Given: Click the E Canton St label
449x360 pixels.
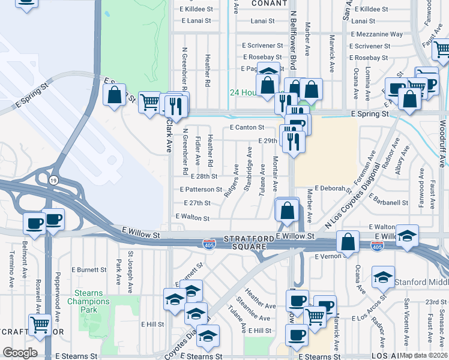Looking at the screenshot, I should (247, 128).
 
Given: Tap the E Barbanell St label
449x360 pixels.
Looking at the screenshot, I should (388, 203).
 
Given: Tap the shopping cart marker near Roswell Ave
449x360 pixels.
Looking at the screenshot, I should (40, 325).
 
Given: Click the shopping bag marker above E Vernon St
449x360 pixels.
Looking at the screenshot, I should (348, 243).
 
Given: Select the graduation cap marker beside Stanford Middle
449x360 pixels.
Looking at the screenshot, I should (383, 277).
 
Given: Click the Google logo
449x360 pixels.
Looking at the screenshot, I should (20, 353).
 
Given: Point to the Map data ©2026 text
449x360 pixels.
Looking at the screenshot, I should (423, 355).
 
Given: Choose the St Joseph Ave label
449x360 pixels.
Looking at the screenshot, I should (130, 271).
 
